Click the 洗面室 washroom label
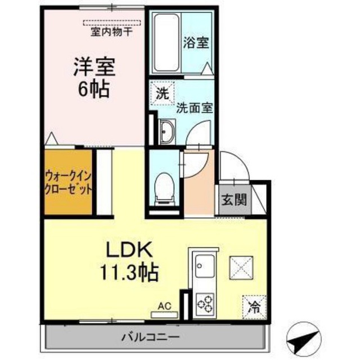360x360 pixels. coord(193,107)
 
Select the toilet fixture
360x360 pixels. coord(165,186)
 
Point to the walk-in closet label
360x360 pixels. coord(67,183)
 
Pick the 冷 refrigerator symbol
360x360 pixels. coord(254,307)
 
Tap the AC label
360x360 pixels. coord(164,307)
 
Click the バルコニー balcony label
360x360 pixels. coord(150,338)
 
